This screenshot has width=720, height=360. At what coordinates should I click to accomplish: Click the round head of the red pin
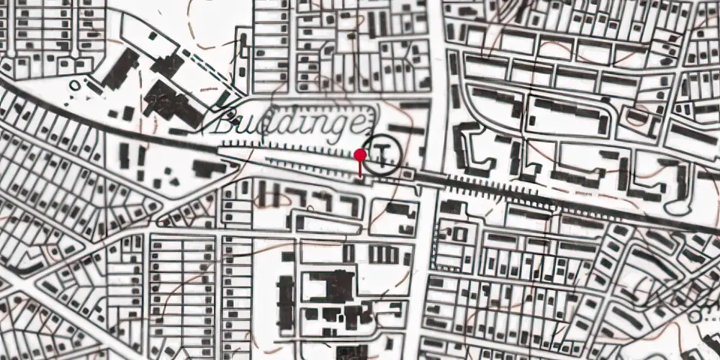point(360,154)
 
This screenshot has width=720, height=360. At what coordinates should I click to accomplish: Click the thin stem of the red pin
point(360,168)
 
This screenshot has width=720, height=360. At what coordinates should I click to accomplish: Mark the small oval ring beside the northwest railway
point(74,86)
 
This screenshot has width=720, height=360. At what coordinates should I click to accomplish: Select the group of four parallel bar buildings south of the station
point(383,254)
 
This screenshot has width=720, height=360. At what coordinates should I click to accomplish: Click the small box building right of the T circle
point(408,172)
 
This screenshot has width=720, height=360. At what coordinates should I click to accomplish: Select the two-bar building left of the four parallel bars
point(348,253)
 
